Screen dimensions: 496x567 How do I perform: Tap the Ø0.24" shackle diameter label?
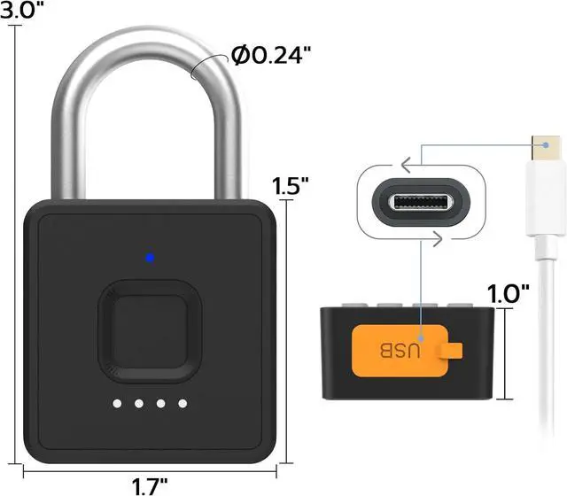[x=272, y=56]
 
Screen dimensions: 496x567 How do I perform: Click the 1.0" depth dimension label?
[x=509, y=292]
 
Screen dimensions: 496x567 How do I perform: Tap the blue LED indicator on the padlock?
[x=150, y=259]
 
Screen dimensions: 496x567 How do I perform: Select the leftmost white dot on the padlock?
[x=117, y=404]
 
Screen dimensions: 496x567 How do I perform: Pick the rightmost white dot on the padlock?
[x=183, y=404]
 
